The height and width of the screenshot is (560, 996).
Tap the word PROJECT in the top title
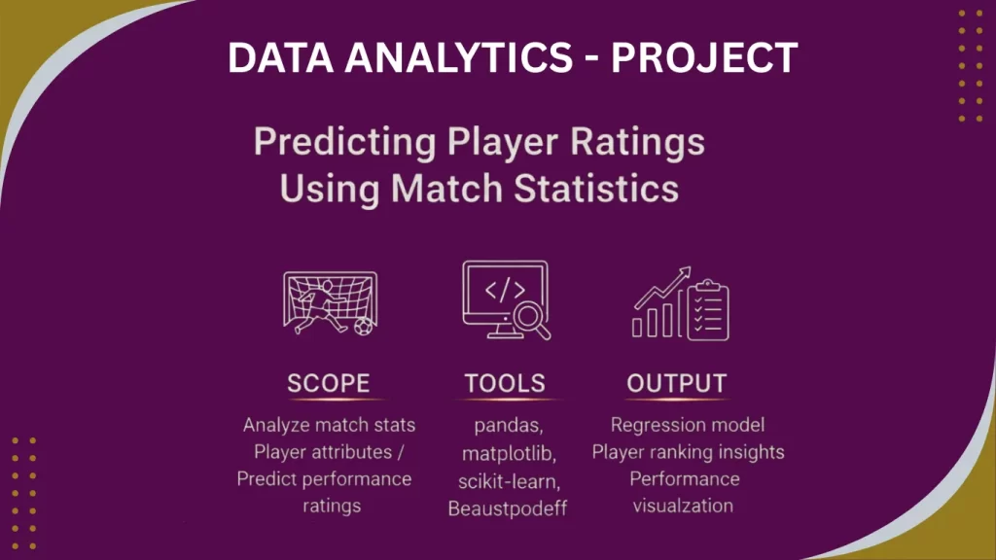pyautogui.click(x=705, y=59)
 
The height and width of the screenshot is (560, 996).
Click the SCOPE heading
pyautogui.click(x=329, y=383)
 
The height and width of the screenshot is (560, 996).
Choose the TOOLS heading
pyautogui.click(x=504, y=383)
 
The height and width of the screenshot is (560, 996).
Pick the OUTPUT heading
pyautogui.click(x=676, y=383)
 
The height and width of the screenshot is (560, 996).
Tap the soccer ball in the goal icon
pyautogui.click(x=363, y=326)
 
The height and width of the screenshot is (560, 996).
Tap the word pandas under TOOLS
pyautogui.click(x=504, y=426)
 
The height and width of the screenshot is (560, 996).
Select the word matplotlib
pyautogui.click(x=504, y=453)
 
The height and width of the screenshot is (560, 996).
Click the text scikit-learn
pyautogui.click(x=504, y=480)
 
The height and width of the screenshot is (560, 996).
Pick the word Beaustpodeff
pyautogui.click(x=504, y=507)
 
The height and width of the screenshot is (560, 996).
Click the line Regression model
pyautogui.click(x=687, y=425)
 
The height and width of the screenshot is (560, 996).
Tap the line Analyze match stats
pyautogui.click(x=329, y=425)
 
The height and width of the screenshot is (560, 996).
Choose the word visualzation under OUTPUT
pyautogui.click(x=683, y=506)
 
